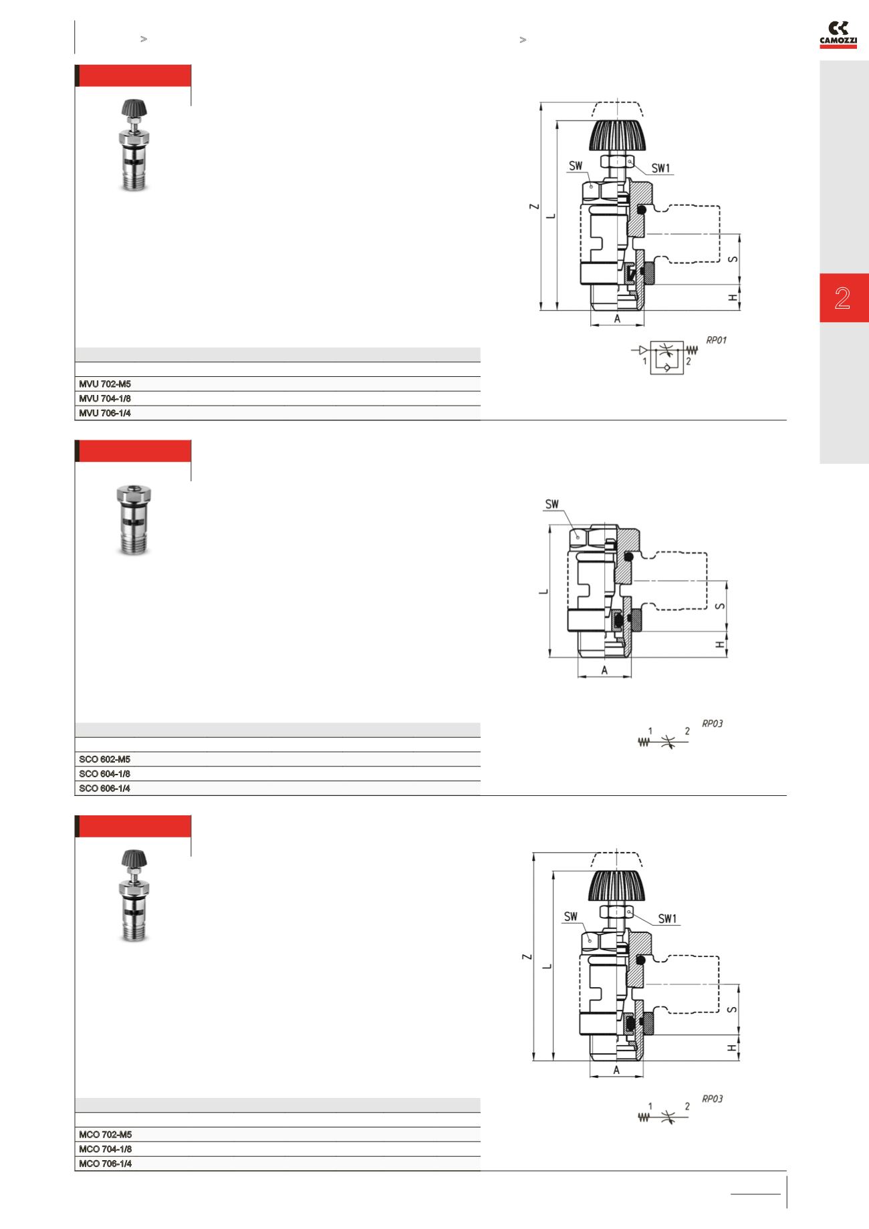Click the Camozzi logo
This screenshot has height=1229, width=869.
(838, 35)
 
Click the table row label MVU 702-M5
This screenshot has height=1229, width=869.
(105, 384)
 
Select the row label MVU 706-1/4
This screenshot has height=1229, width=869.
(105, 413)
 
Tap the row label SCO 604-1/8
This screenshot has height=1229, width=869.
(105, 774)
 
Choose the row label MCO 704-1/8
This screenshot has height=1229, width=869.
(105, 1149)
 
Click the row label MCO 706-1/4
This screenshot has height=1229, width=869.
(105, 1164)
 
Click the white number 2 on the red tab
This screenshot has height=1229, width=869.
(842, 298)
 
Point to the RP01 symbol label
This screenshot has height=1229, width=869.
(716, 340)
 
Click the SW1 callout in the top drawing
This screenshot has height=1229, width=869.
(660, 168)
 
